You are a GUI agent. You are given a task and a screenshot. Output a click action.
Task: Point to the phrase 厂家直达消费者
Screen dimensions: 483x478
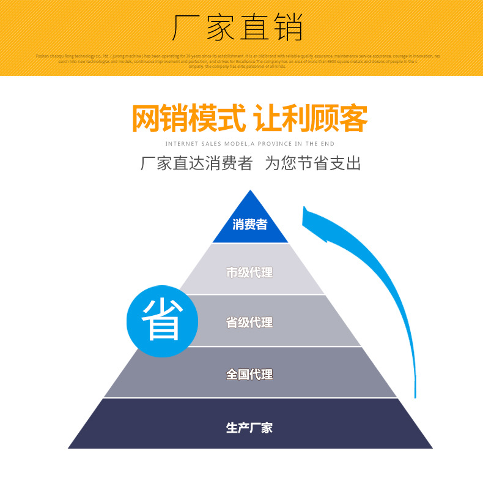tap(196, 164)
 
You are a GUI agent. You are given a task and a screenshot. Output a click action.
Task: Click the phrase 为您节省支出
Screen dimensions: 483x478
tap(312, 164)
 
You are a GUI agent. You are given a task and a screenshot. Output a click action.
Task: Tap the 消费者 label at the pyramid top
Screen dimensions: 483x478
tap(249, 225)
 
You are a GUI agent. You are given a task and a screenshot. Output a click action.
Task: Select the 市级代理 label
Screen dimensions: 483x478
tap(249, 272)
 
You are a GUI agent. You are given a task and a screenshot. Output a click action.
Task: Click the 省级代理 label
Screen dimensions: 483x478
tap(249, 323)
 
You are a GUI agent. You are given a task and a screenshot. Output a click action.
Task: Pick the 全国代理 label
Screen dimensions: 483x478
tap(249, 374)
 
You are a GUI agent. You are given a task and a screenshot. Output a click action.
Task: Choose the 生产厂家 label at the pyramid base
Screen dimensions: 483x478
tap(249, 428)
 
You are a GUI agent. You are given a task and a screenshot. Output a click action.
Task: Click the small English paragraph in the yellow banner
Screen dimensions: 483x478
tap(238, 61)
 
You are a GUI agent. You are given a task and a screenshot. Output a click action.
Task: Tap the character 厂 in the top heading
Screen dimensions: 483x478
tap(186, 28)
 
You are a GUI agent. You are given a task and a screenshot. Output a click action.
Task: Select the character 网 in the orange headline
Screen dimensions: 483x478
tap(146, 119)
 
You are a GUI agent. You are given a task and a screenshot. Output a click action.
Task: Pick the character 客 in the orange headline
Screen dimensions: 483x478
tap(353, 119)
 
